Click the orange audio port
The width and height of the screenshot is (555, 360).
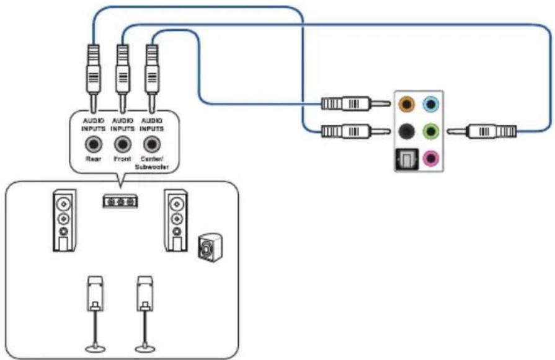(x=407, y=104)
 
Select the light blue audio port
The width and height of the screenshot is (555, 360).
(x=431, y=104)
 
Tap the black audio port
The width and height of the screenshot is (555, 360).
(x=407, y=131)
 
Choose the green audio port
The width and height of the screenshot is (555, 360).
(x=431, y=131)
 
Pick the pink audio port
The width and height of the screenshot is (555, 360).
(x=431, y=158)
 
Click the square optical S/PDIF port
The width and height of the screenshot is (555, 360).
(x=407, y=159)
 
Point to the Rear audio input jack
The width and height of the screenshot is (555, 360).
(x=94, y=144)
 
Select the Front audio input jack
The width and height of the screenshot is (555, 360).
(x=122, y=144)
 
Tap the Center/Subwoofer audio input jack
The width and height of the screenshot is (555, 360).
(x=152, y=144)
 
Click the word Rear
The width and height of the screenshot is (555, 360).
(x=94, y=159)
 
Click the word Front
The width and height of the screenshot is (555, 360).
(x=122, y=159)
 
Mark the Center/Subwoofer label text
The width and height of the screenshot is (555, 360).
(x=152, y=163)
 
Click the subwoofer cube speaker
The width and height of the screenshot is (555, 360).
(x=210, y=248)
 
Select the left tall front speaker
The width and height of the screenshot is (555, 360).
(x=64, y=221)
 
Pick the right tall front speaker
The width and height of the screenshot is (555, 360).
(x=176, y=221)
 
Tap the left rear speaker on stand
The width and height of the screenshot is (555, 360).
(x=95, y=314)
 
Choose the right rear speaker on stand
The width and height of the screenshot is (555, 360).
(x=145, y=314)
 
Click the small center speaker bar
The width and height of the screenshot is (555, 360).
(x=120, y=201)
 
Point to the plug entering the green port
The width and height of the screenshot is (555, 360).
(x=481, y=131)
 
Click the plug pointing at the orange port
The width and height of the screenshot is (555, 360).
(x=356, y=103)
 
